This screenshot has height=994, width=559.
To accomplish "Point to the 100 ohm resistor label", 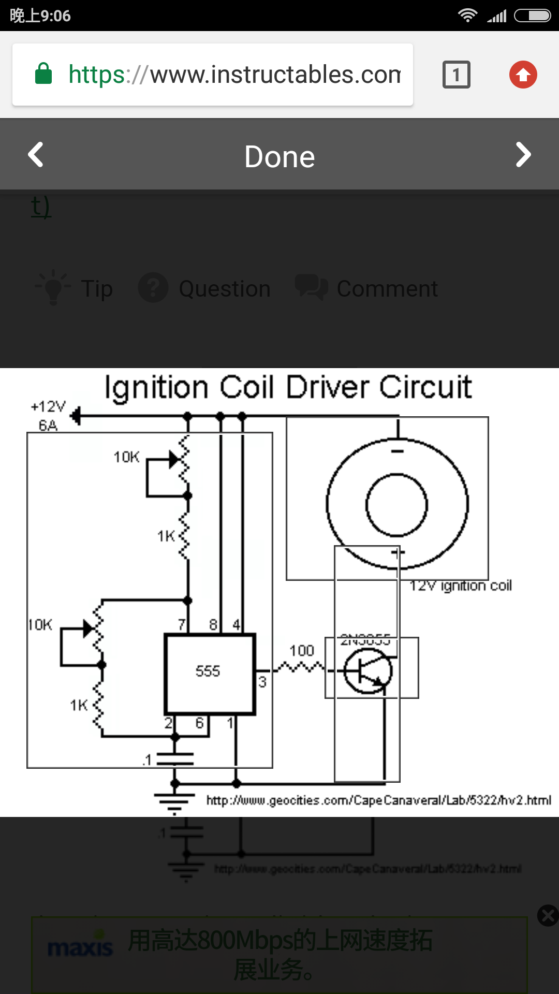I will pos(301,651).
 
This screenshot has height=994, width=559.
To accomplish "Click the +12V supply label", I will pos(48,407).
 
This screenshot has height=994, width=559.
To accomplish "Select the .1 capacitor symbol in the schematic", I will pos(175,759).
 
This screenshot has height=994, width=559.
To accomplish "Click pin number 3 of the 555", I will pos(262,682).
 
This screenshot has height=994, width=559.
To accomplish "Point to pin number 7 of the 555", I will pos(182,625).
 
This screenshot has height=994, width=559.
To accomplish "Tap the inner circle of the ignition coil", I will pos(396,505).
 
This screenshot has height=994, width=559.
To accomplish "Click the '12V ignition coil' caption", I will pos(461,586).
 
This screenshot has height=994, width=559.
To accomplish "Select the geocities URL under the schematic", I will pos(378,800).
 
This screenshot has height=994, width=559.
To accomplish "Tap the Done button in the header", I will pos(279,156).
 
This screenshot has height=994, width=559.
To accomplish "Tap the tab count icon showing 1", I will pos(456,75).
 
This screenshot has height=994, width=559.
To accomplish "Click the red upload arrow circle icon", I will pos(523,75).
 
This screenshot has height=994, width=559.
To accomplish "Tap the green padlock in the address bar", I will pos(43,74).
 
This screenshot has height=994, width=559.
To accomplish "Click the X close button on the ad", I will pos(548,915).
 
